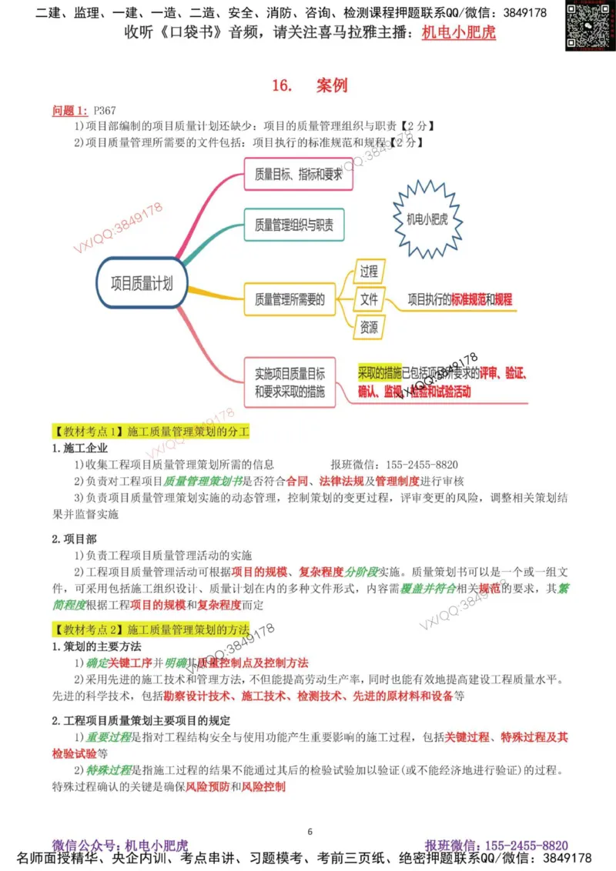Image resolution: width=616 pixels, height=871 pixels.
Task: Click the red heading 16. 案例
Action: click(x=309, y=85)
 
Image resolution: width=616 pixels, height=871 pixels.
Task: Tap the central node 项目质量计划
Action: click(x=142, y=283)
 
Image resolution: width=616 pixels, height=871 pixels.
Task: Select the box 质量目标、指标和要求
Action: click(x=297, y=175)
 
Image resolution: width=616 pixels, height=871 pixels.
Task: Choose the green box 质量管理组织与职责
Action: click(x=294, y=225)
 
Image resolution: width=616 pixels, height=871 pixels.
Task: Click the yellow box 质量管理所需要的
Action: click(x=290, y=299)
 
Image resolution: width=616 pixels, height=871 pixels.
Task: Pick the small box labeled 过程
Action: click(x=369, y=272)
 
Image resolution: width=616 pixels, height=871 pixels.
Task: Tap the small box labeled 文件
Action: click(x=369, y=299)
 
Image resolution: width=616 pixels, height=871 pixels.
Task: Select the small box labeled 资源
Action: click(x=369, y=327)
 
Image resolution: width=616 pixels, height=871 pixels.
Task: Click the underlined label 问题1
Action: click(x=70, y=111)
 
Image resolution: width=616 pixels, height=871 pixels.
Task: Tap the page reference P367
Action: click(x=104, y=111)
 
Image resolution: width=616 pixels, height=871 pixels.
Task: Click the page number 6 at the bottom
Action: click(x=310, y=830)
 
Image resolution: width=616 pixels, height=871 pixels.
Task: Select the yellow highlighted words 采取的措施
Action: click(x=379, y=374)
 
